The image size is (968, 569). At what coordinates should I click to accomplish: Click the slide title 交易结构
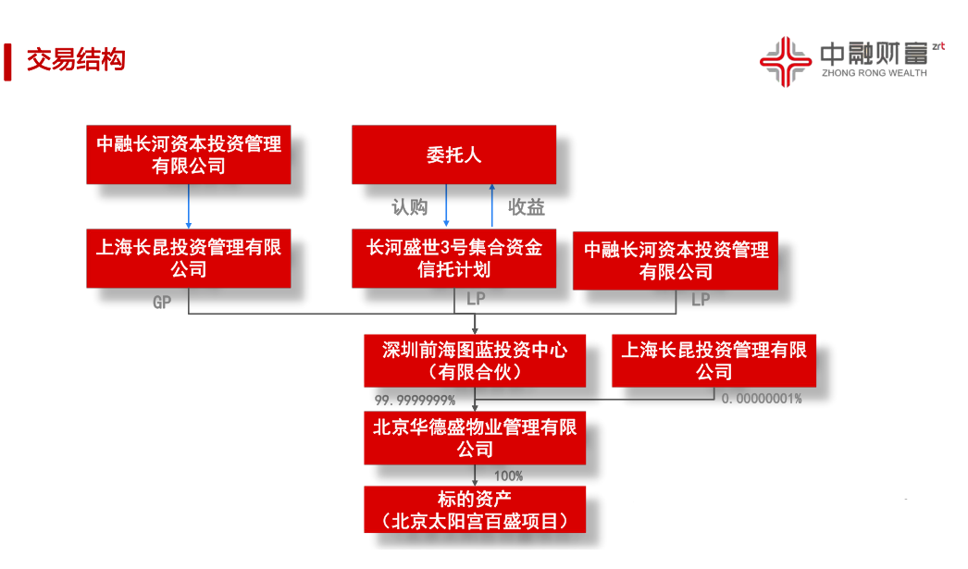(x=76, y=60)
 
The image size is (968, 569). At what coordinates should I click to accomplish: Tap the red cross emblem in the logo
(x=786, y=62)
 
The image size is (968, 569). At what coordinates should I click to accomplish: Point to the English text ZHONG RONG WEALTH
(x=875, y=73)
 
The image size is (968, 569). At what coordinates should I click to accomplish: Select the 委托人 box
(x=453, y=155)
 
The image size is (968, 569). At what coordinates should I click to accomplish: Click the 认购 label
(x=409, y=207)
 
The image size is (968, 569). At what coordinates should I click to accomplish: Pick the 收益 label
(x=527, y=207)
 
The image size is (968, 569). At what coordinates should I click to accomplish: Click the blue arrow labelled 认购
(x=446, y=205)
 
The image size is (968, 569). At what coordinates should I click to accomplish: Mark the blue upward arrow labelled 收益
(x=492, y=205)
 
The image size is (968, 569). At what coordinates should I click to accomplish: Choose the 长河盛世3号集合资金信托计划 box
(x=453, y=258)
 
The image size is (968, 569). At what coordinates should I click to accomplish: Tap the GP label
(x=162, y=303)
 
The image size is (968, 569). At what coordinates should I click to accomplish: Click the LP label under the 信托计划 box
(x=476, y=299)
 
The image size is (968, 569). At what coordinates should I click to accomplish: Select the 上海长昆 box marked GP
(x=188, y=258)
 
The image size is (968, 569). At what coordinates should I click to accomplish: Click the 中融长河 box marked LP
(x=676, y=260)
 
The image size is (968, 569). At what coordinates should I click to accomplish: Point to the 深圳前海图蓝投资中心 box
(x=475, y=361)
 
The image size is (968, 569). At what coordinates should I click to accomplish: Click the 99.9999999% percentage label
(x=415, y=401)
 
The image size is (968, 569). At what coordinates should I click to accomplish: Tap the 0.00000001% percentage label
(x=762, y=399)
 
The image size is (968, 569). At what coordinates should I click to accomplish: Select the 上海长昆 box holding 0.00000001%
(x=714, y=361)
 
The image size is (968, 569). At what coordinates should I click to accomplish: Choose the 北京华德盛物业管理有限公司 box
(x=475, y=439)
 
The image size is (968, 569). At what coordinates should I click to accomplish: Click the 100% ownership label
(x=508, y=476)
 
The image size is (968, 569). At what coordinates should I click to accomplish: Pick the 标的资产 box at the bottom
(x=475, y=509)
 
